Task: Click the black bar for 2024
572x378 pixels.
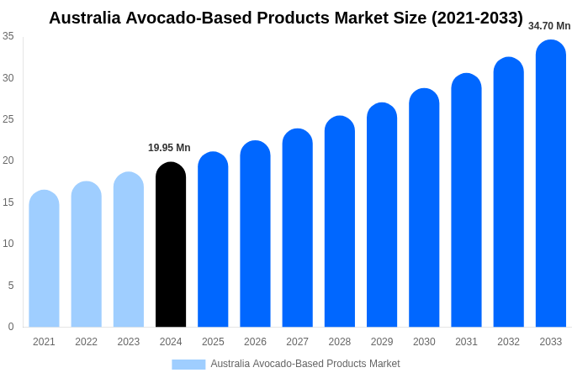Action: (171, 244)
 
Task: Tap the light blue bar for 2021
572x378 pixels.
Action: (44, 259)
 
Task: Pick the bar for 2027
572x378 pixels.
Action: (297, 228)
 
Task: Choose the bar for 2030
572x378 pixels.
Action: (424, 207)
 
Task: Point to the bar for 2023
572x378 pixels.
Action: (129, 249)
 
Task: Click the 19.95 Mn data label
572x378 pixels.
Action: (169, 148)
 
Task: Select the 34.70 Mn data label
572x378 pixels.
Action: (549, 26)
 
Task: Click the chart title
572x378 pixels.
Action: (286, 18)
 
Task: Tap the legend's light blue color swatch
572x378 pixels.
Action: (188, 364)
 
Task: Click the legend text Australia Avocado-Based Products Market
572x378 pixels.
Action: (305, 364)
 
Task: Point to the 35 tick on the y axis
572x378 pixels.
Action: (8, 36)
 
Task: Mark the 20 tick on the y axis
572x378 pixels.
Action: (8, 160)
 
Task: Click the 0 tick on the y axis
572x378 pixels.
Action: (11, 327)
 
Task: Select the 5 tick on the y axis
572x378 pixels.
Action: (11, 286)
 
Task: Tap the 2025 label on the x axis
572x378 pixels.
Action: (213, 342)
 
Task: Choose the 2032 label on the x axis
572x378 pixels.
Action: (508, 342)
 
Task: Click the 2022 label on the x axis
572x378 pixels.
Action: (86, 342)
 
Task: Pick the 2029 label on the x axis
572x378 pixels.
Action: (382, 342)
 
